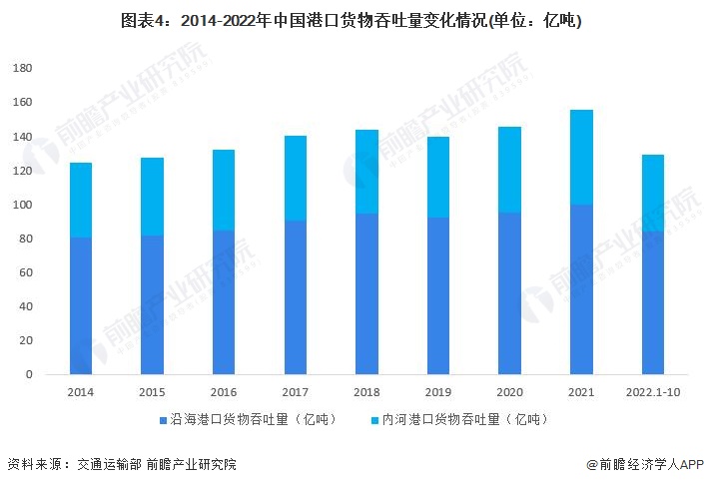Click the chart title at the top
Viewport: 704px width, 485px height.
(x=352, y=20)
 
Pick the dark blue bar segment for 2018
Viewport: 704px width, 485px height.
(x=366, y=293)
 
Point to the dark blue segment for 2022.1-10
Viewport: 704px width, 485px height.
(x=652, y=302)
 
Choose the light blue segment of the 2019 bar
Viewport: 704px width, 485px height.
(x=438, y=177)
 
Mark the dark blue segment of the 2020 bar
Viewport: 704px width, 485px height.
(x=509, y=293)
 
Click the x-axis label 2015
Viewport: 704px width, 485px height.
(x=152, y=392)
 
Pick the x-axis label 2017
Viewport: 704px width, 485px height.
(x=295, y=392)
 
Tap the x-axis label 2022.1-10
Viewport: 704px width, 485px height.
(x=652, y=392)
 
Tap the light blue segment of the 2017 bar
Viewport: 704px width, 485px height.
(x=295, y=178)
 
